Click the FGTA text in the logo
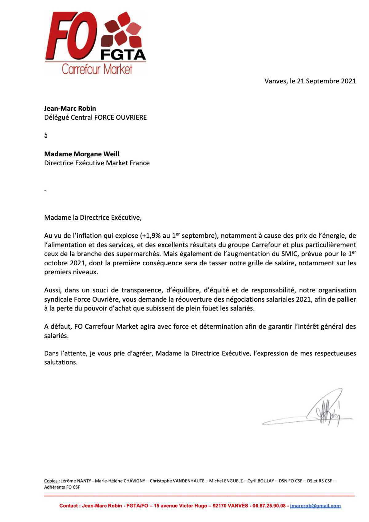(x=123, y=55)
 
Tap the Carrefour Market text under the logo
(x=97, y=69)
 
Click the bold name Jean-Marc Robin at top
(x=70, y=108)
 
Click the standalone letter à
(x=46, y=136)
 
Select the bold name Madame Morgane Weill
(x=81, y=154)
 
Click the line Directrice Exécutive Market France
(x=97, y=163)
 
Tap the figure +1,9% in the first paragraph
(x=151, y=236)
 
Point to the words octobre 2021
(x=64, y=263)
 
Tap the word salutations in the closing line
(x=61, y=363)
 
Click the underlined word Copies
(x=51, y=481)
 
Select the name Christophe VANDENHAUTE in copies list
(x=177, y=481)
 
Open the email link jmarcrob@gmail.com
(x=315, y=506)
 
